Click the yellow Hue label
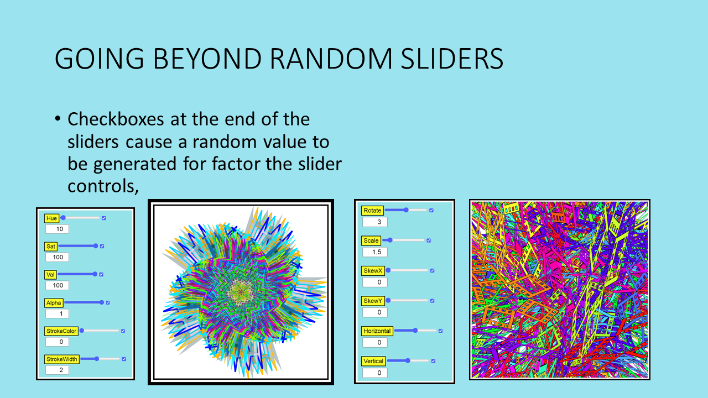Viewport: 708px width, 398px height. (x=51, y=218)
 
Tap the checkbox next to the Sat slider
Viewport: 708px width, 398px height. (x=102, y=246)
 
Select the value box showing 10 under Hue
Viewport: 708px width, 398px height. (x=57, y=229)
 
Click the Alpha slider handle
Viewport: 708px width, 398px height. (x=101, y=302)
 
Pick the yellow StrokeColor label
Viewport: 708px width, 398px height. (x=61, y=331)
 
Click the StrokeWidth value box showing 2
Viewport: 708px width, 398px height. (x=57, y=370)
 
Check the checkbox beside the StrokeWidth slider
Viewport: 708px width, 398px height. (x=124, y=359)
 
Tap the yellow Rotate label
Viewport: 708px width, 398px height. (x=372, y=211)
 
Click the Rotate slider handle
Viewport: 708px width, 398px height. (x=407, y=210)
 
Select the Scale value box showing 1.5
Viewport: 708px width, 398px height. (x=375, y=252)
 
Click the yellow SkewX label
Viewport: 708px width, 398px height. (x=373, y=271)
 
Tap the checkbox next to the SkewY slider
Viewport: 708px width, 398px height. (x=433, y=301)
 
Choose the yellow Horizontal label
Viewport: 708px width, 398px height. (x=377, y=331)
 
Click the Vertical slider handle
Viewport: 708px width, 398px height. (x=408, y=360)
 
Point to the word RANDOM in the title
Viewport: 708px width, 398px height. (x=331, y=59)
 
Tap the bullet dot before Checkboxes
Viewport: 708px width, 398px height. (x=57, y=119)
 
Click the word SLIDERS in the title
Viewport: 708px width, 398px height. (x=452, y=59)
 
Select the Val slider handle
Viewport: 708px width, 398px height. (x=95, y=274)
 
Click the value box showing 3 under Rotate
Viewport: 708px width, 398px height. (x=375, y=222)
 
